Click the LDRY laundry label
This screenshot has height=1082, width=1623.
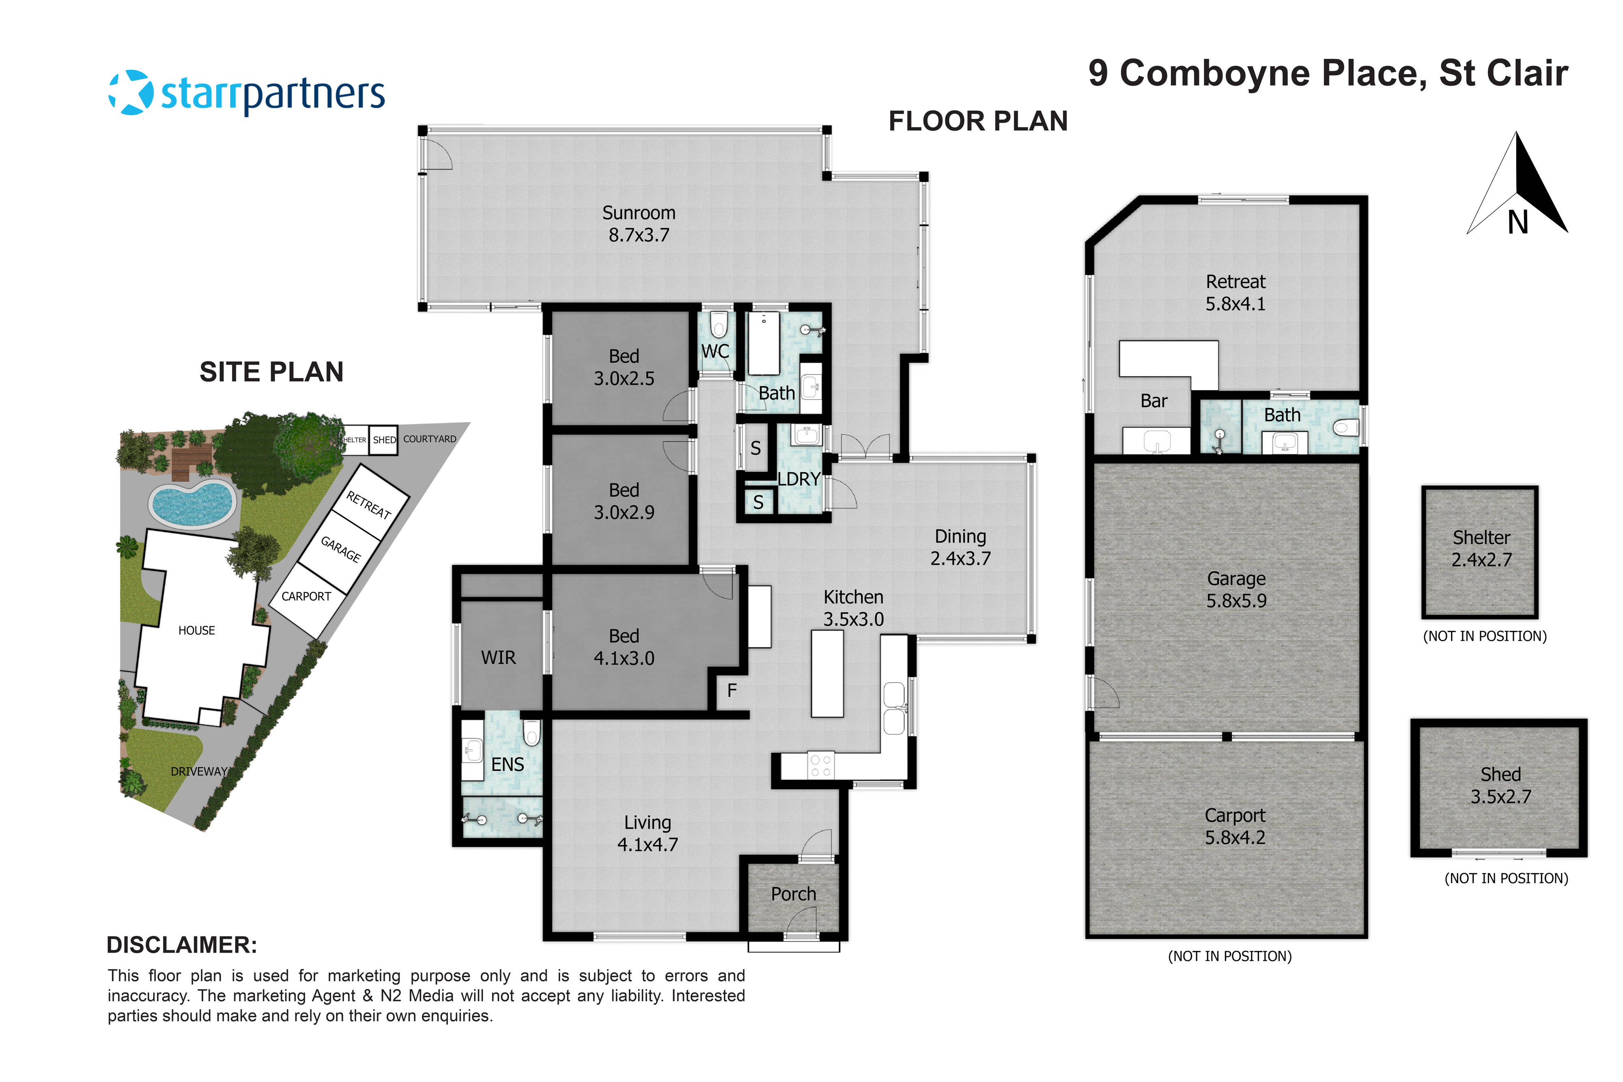pyautogui.click(x=799, y=479)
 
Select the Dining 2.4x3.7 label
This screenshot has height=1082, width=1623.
pyautogui.click(x=960, y=547)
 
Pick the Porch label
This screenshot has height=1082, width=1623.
pyautogui.click(x=794, y=894)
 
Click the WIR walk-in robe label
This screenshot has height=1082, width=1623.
pyautogui.click(x=498, y=658)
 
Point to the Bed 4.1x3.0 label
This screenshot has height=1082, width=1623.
pyautogui.click(x=624, y=647)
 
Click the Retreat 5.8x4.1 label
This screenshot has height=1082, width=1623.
pyautogui.click(x=1235, y=293)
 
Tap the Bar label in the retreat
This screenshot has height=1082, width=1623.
pyautogui.click(x=1154, y=401)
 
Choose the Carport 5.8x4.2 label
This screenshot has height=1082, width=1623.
pyautogui.click(x=1235, y=826)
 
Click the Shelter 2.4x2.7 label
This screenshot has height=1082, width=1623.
pyautogui.click(x=1481, y=549)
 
